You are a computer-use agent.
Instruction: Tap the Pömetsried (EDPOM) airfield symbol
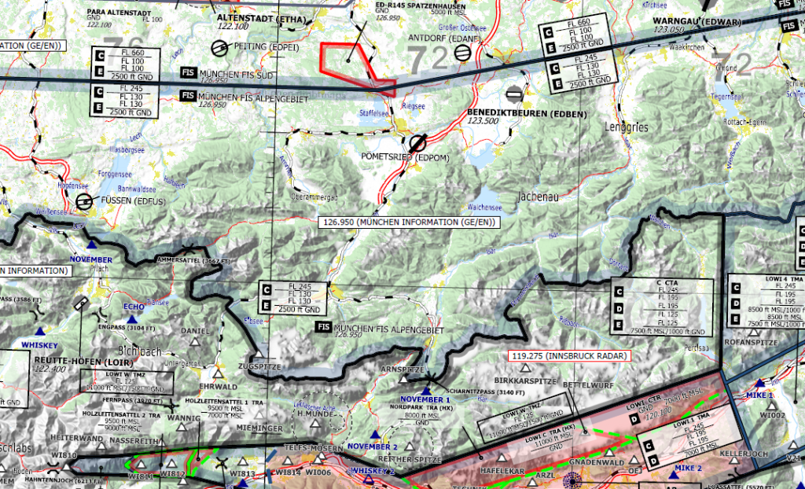tap(417, 142)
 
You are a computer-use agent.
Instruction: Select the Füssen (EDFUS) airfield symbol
tap(84, 202)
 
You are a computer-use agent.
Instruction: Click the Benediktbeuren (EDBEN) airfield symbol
tap(514, 93)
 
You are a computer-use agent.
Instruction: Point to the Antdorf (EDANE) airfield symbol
tap(464, 53)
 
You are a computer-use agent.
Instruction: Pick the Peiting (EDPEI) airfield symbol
tap(221, 48)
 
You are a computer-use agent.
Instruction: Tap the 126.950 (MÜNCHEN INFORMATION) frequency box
tap(409, 222)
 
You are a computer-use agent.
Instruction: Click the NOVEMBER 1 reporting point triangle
tap(426, 390)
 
